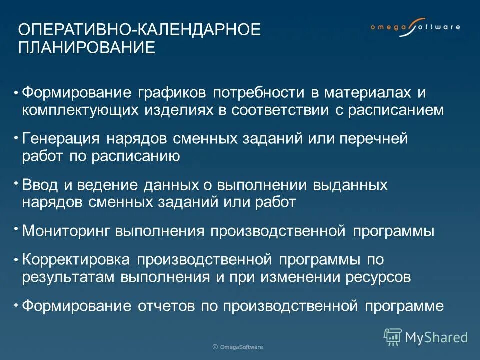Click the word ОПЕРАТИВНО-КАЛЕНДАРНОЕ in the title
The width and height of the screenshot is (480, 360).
point(139,29)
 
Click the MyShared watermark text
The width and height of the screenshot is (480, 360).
point(436,337)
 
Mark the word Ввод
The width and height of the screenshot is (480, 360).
point(40,185)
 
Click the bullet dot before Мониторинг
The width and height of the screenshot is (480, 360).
point(16,228)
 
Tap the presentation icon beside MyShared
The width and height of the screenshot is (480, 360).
point(392,337)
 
